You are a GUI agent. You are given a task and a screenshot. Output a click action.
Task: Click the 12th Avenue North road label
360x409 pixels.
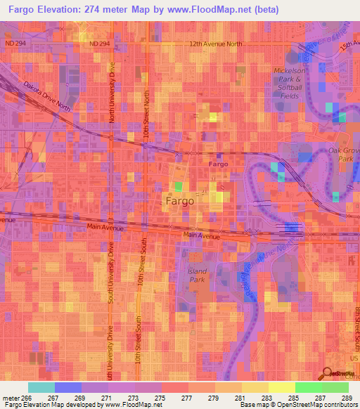pyautogui.click(x=215, y=44)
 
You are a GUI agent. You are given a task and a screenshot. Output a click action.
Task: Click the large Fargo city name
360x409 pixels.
pyautogui.click(x=179, y=200)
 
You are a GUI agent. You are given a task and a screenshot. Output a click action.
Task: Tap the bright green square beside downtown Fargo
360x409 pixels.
pyautogui.click(x=179, y=187)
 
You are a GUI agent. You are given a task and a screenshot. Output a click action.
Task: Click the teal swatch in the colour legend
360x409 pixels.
pyautogui.click(x=41, y=387)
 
